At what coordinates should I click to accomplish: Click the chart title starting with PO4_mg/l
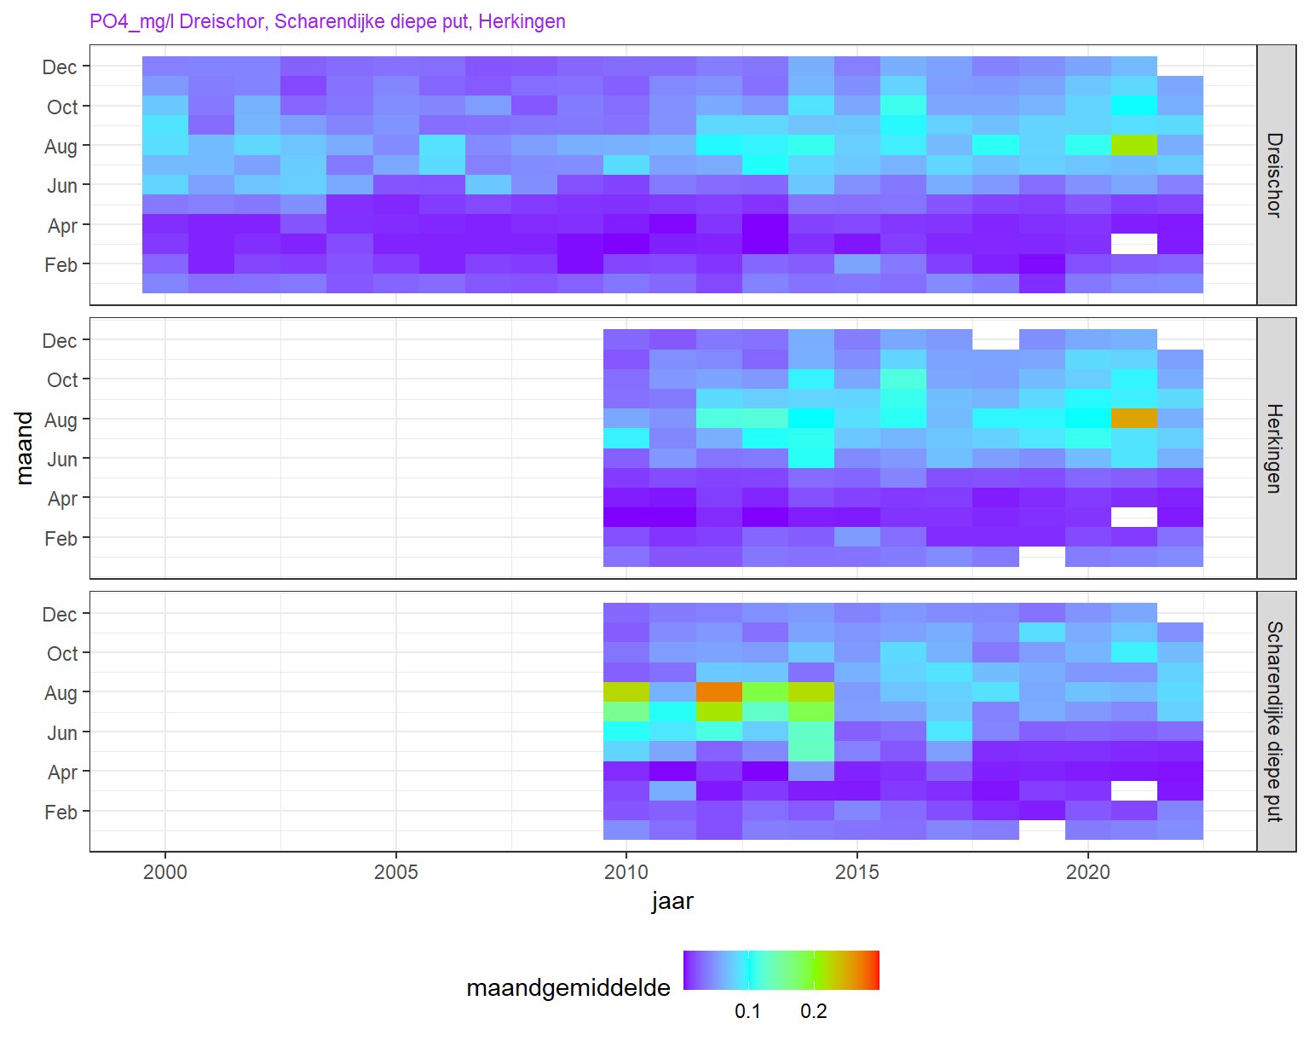[327, 21]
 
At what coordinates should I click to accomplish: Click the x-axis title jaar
[672, 901]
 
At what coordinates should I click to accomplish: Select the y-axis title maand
[25, 448]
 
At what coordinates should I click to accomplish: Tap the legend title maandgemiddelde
[568, 988]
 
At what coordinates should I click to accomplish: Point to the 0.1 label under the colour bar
[747, 1012]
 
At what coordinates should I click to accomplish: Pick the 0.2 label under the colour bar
[814, 1012]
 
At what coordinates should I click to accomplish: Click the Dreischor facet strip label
[1275, 175]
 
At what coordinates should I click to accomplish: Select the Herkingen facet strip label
[1275, 448]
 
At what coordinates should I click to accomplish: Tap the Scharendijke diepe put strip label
[1275, 721]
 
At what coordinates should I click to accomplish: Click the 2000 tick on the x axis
[165, 872]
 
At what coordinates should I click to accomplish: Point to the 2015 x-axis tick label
[857, 872]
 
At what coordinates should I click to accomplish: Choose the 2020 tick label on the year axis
[1088, 872]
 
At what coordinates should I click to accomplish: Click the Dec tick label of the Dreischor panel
[60, 67]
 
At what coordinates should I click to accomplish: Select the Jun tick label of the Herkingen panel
[62, 460]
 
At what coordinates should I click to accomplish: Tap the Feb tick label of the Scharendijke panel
[61, 813]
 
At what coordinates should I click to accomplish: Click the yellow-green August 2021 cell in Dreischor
[1134, 145]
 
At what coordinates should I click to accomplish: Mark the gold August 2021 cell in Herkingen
[1134, 419]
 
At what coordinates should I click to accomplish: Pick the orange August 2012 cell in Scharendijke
[719, 692]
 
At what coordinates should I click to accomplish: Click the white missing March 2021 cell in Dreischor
[1134, 244]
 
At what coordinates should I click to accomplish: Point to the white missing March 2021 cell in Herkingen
[1134, 518]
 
